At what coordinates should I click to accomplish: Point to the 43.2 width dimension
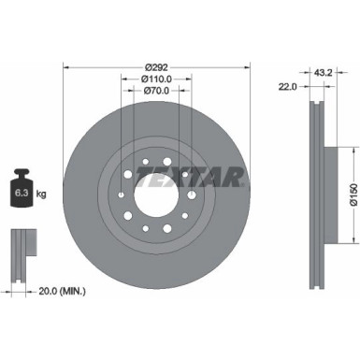pos(323,71)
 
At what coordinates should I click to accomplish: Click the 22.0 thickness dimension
pos(287,86)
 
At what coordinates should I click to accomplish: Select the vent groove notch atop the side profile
pos(313,103)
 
